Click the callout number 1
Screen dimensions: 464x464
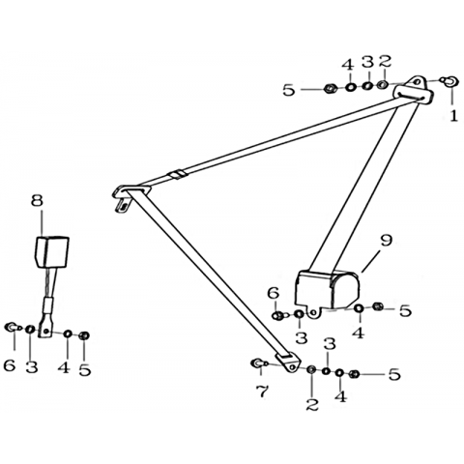coord(453,116)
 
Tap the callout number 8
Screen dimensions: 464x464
coord(37,200)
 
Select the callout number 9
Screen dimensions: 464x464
coord(387,241)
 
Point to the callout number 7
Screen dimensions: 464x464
coord(262,391)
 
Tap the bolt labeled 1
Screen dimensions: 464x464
coord(449,80)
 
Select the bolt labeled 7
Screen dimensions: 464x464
coord(259,363)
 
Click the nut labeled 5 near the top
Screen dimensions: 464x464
coord(330,88)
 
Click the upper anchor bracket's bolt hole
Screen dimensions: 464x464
coord(418,81)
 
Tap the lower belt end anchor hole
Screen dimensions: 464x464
coord(293,366)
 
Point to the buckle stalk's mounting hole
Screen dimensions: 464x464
coord(46,331)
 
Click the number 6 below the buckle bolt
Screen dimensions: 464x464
coord(10,365)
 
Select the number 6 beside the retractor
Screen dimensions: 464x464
coord(273,293)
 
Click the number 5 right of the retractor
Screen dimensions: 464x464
coord(405,310)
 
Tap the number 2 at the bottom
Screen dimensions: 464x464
coord(312,404)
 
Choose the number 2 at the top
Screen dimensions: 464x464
coord(385,61)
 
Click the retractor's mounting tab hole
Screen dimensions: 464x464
coord(312,312)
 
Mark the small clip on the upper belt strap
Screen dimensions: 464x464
coord(177,174)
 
